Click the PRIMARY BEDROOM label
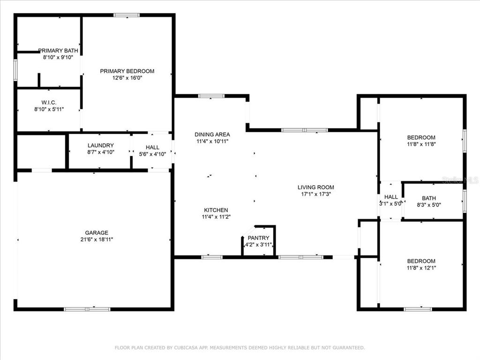tap(127, 71)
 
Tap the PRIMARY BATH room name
tap(58, 51)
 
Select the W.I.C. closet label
tap(49, 103)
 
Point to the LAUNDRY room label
tap(101, 145)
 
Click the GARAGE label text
tap(97, 232)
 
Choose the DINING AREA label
tap(212, 135)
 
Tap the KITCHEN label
tap(216, 210)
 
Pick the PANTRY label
tap(259, 238)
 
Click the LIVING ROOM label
tap(316, 187)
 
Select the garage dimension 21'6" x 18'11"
tap(97, 240)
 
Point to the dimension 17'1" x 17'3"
tap(316, 194)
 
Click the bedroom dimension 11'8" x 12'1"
tap(421, 268)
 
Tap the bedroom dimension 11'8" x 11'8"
tap(421, 144)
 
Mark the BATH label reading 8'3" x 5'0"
tap(429, 198)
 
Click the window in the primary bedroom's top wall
tap(127, 15)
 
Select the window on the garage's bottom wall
tap(87, 309)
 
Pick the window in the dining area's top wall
tap(211, 96)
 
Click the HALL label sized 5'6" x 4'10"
tap(152, 147)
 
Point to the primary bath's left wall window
tap(15, 70)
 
